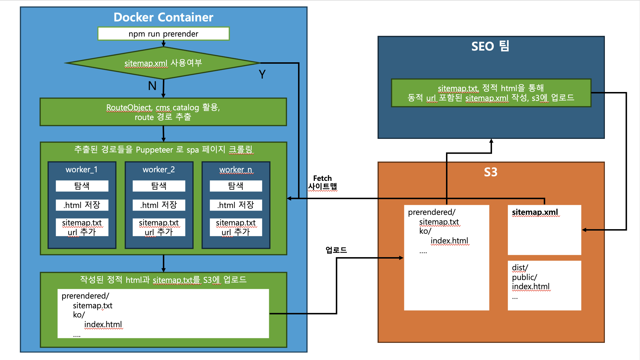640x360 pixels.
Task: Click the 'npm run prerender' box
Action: click(163, 34)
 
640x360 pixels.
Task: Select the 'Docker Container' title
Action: click(163, 17)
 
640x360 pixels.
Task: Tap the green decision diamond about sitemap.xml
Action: click(163, 63)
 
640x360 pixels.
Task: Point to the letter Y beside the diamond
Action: click(262, 74)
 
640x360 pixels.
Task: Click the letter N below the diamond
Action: click(152, 86)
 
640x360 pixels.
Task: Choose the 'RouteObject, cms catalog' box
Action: click(163, 112)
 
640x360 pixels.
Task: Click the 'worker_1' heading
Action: click(82, 170)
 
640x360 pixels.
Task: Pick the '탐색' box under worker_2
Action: click(159, 186)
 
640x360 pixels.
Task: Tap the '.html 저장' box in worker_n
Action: click(236, 205)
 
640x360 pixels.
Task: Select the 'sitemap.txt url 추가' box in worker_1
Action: click(82, 227)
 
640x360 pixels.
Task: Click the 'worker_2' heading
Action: click(159, 170)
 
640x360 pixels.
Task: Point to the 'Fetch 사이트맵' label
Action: click(323, 182)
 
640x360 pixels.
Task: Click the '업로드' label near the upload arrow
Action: click(336, 250)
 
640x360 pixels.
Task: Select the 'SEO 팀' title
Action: click(490, 46)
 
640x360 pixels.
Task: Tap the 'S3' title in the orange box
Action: click(491, 172)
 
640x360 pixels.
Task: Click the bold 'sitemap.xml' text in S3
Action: click(535, 212)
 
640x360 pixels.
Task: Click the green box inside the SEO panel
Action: click(491, 93)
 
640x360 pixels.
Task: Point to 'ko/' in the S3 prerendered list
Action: click(425, 231)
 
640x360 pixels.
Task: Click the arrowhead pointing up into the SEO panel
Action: click(491, 141)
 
